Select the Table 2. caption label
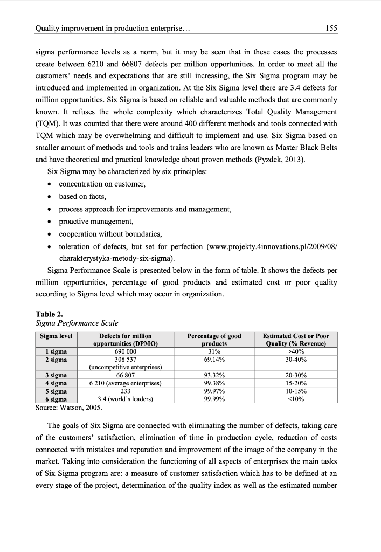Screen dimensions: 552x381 coord(49,314)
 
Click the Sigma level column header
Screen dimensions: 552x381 coord(57,336)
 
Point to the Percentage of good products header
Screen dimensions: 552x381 coord(214,340)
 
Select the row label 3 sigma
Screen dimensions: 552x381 coord(56,375)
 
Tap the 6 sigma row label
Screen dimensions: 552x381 coord(56,399)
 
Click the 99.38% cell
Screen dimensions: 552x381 coord(214,383)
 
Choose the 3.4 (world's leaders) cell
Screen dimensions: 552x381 coord(126,399)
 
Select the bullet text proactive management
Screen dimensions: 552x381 coord(96,222)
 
